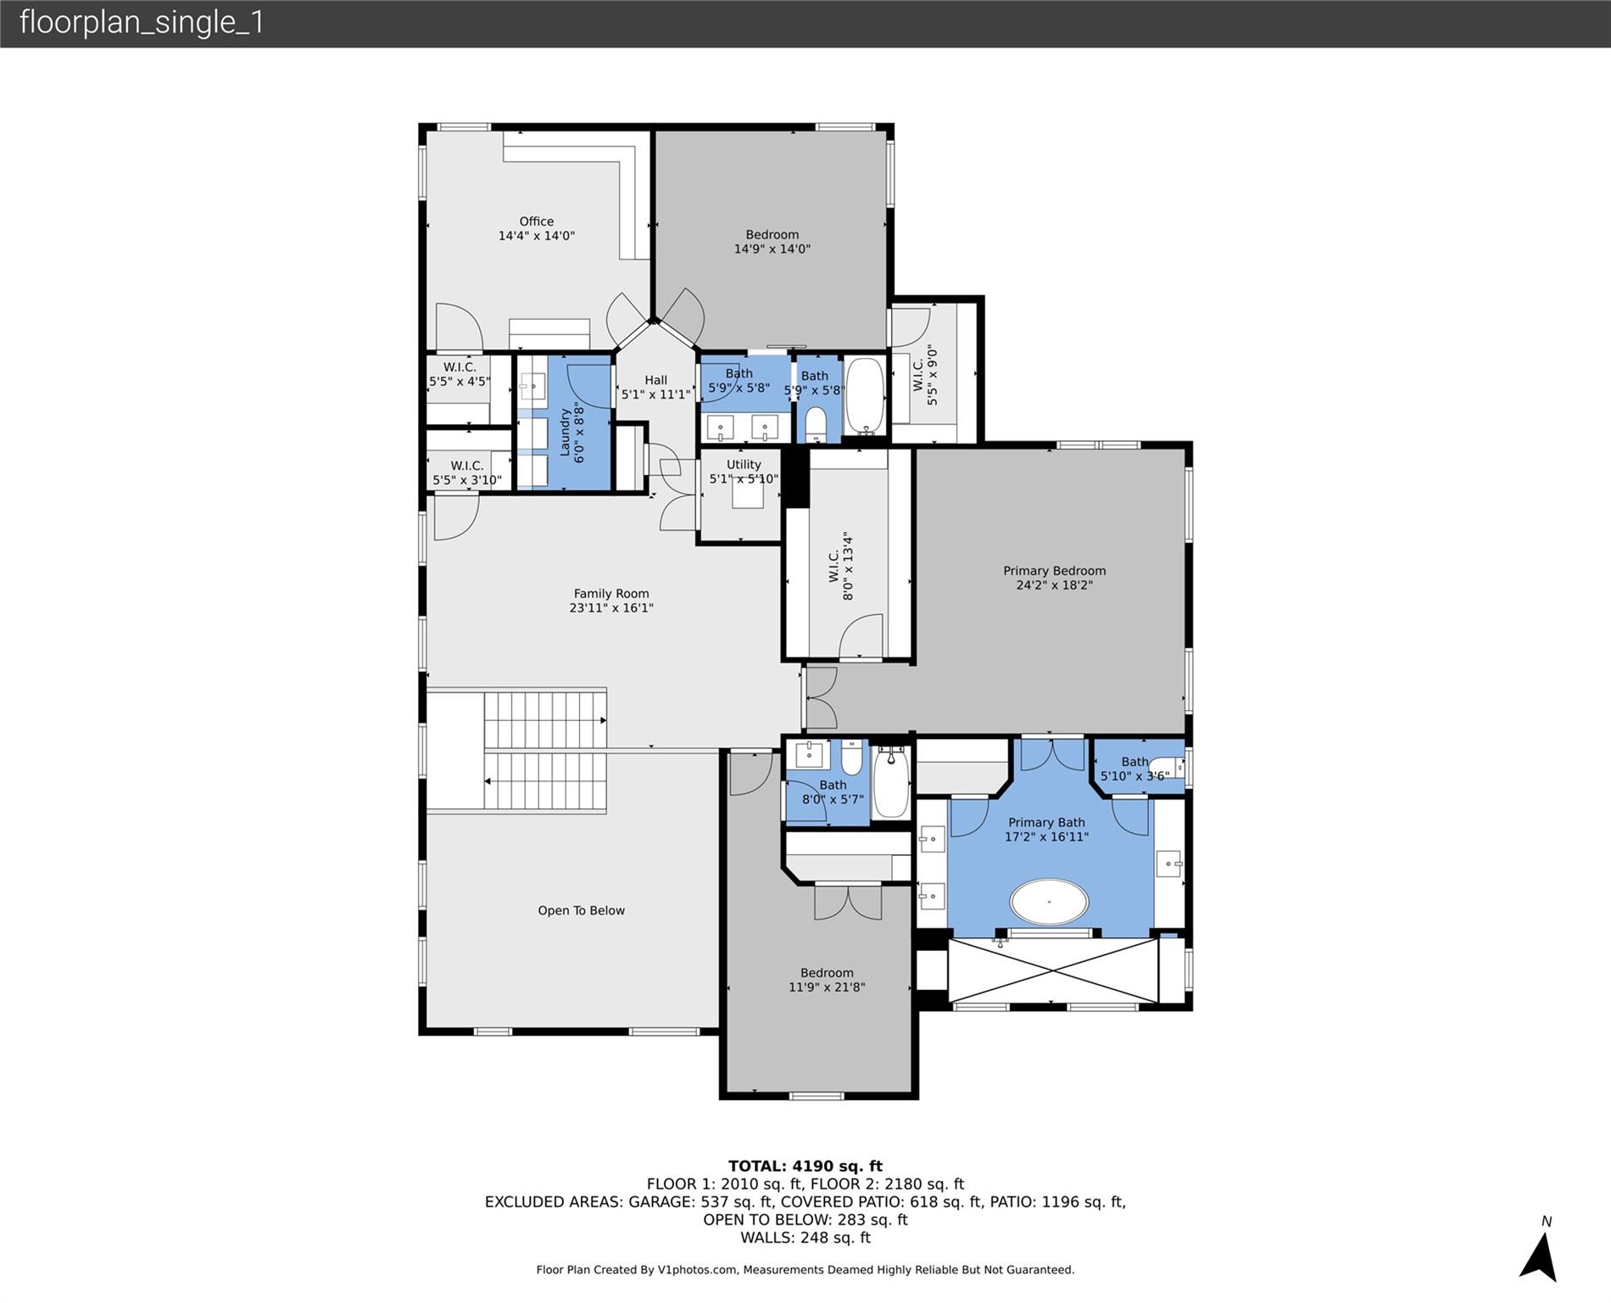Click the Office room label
click(x=536, y=228)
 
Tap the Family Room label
click(x=611, y=601)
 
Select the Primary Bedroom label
click(x=1054, y=578)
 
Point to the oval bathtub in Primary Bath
click(x=1049, y=902)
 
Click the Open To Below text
click(x=581, y=910)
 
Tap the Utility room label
click(x=744, y=472)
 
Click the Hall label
click(x=655, y=387)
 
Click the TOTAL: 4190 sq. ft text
click(x=805, y=1166)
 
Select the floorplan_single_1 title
click(x=142, y=22)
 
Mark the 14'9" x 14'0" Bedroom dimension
click(x=772, y=249)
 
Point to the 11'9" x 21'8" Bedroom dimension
click(x=827, y=987)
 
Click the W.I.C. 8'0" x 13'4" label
click(x=840, y=566)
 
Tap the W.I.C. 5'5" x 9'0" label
click(x=925, y=374)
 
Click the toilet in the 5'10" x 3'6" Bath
click(x=1167, y=769)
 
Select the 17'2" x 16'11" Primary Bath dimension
click(x=1046, y=836)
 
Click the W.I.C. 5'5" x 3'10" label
click(x=467, y=473)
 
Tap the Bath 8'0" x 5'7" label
click(x=833, y=791)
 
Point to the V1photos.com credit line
click(x=805, y=1270)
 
